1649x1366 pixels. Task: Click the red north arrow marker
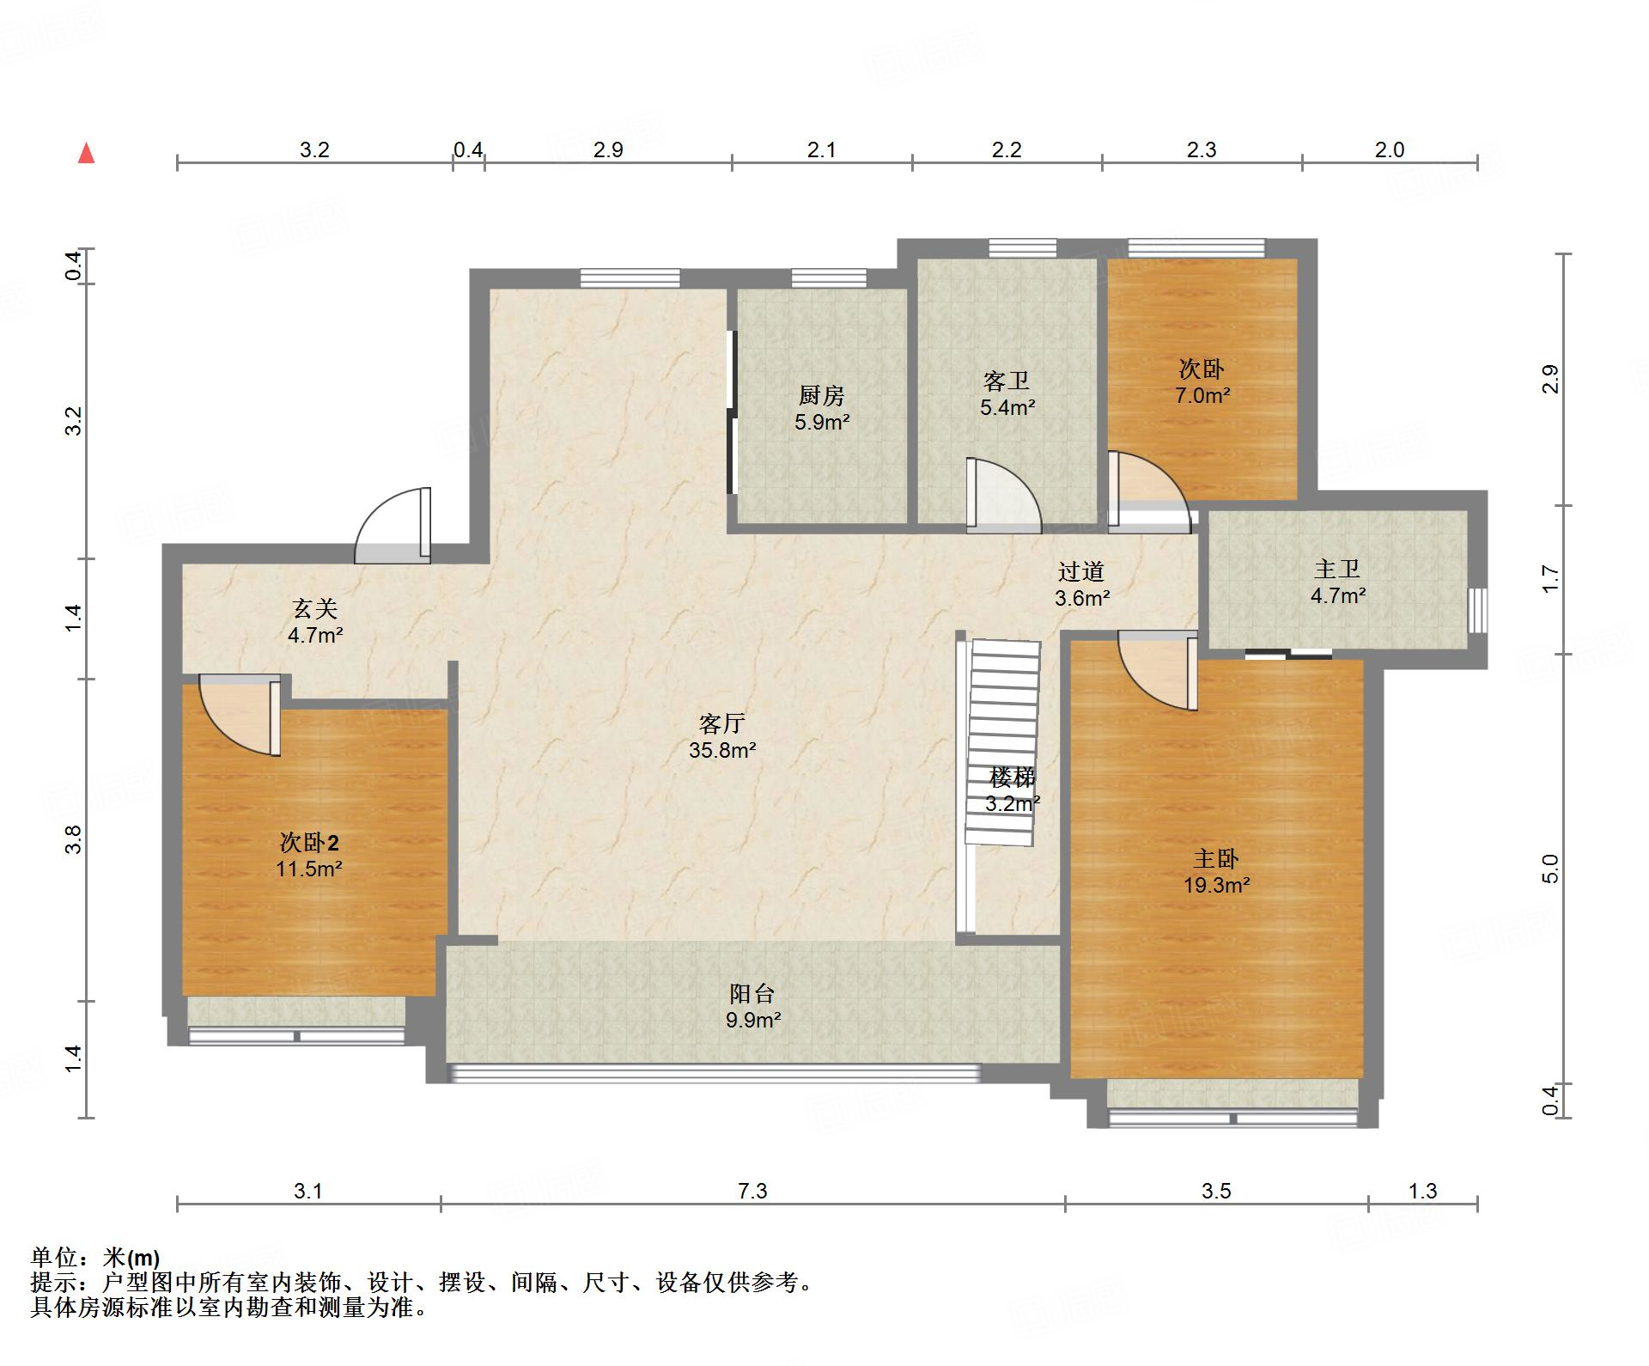click(86, 154)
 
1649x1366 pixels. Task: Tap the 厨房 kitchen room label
click(822, 395)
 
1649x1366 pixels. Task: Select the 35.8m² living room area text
click(722, 750)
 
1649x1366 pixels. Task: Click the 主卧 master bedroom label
click(1216, 858)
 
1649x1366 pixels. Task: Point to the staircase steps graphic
click(1003, 743)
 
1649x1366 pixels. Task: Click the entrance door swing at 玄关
click(393, 526)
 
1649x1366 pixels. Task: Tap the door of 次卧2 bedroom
click(240, 715)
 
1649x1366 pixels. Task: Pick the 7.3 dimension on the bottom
click(752, 1191)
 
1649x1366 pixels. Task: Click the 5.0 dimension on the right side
click(1549, 869)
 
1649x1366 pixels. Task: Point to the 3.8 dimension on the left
click(74, 839)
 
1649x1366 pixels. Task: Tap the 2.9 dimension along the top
click(608, 149)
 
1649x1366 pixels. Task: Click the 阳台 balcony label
click(752, 994)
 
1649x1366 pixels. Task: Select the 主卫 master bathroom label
click(1337, 569)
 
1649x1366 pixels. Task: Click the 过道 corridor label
click(1081, 571)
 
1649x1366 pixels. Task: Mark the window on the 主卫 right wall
click(1477, 611)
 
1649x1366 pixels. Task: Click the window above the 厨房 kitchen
click(829, 278)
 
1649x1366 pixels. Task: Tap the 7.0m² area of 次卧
click(1202, 396)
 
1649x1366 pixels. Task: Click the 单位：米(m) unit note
click(95, 1258)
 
